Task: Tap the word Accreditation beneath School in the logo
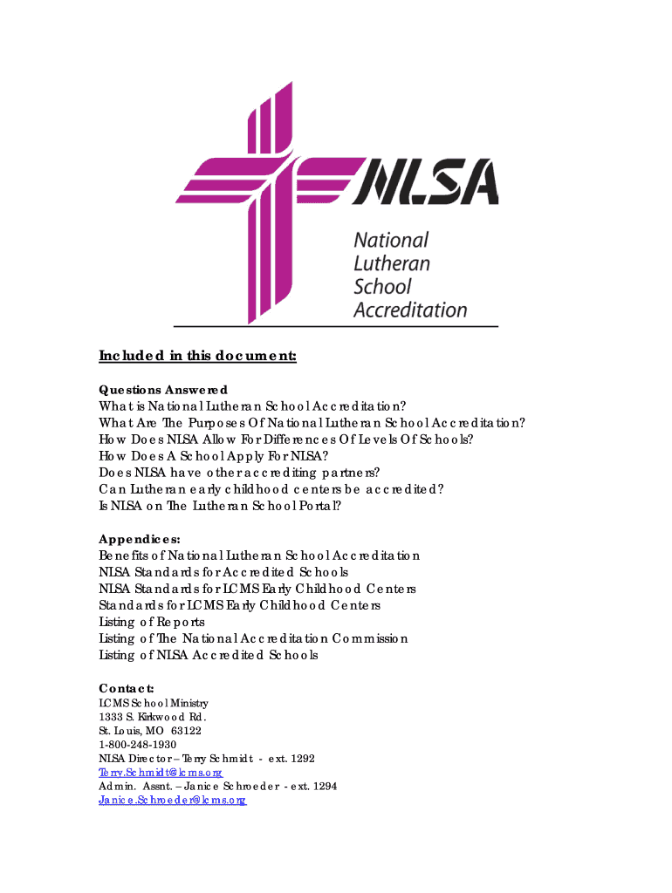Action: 410,309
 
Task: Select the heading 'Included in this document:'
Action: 198,356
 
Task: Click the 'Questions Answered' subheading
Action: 163,390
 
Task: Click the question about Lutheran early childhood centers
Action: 271,489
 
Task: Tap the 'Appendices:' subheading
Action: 140,539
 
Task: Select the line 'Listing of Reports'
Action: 152,622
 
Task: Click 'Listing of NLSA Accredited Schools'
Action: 209,655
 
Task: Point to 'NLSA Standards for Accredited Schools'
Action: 223,572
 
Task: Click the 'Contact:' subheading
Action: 127,688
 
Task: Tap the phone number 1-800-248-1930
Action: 138,745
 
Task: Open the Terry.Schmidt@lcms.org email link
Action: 161,773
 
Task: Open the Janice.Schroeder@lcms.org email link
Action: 173,800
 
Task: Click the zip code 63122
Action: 187,731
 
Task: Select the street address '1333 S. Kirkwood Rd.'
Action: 152,717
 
